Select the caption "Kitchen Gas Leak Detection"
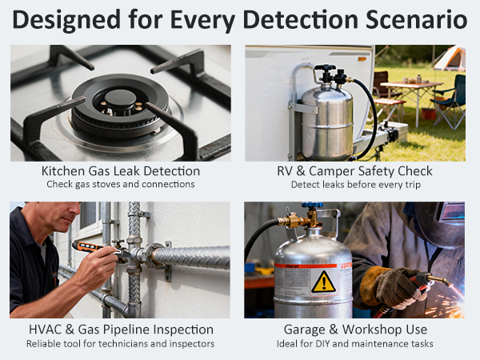(121, 170)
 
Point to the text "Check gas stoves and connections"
(121, 185)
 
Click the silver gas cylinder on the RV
(326, 120)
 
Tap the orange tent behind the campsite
(450, 58)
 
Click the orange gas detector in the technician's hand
(92, 249)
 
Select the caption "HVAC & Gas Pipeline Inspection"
(121, 329)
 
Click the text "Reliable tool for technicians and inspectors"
(121, 344)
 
